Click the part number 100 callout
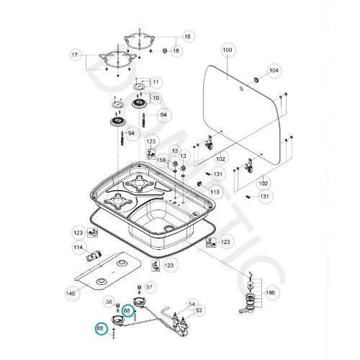[228, 50]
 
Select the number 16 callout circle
[188, 37]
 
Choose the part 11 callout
[156, 82]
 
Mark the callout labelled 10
[154, 97]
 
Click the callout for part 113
[215, 193]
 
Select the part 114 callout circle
[77, 248]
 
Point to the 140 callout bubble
[70, 293]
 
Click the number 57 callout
[150, 287]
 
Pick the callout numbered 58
[109, 302]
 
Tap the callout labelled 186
[271, 294]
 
